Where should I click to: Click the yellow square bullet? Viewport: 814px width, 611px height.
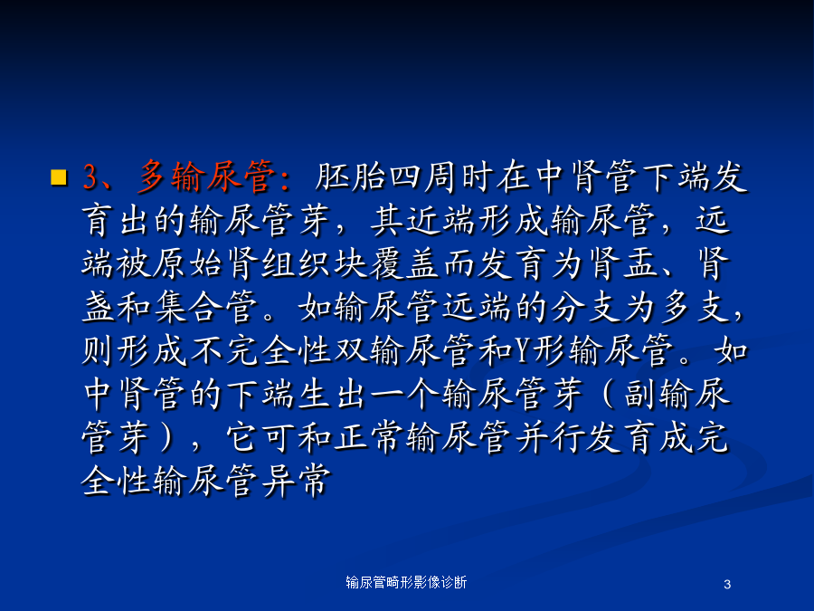click(x=59, y=177)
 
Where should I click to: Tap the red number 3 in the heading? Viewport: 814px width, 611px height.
click(x=90, y=177)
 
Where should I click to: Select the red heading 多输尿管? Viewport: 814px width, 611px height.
click(x=206, y=177)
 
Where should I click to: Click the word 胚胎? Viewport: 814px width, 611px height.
click(x=350, y=177)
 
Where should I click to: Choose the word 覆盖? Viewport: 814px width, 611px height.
click(x=405, y=263)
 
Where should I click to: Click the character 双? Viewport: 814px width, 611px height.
click(x=351, y=350)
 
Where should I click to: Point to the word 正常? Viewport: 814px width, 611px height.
click(x=369, y=437)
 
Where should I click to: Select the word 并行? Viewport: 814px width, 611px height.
click(x=550, y=437)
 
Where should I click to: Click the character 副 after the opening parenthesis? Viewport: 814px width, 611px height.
click(x=640, y=394)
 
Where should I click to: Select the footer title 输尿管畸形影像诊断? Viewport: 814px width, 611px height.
click(x=406, y=582)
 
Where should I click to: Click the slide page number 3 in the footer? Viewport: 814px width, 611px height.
click(x=727, y=585)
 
